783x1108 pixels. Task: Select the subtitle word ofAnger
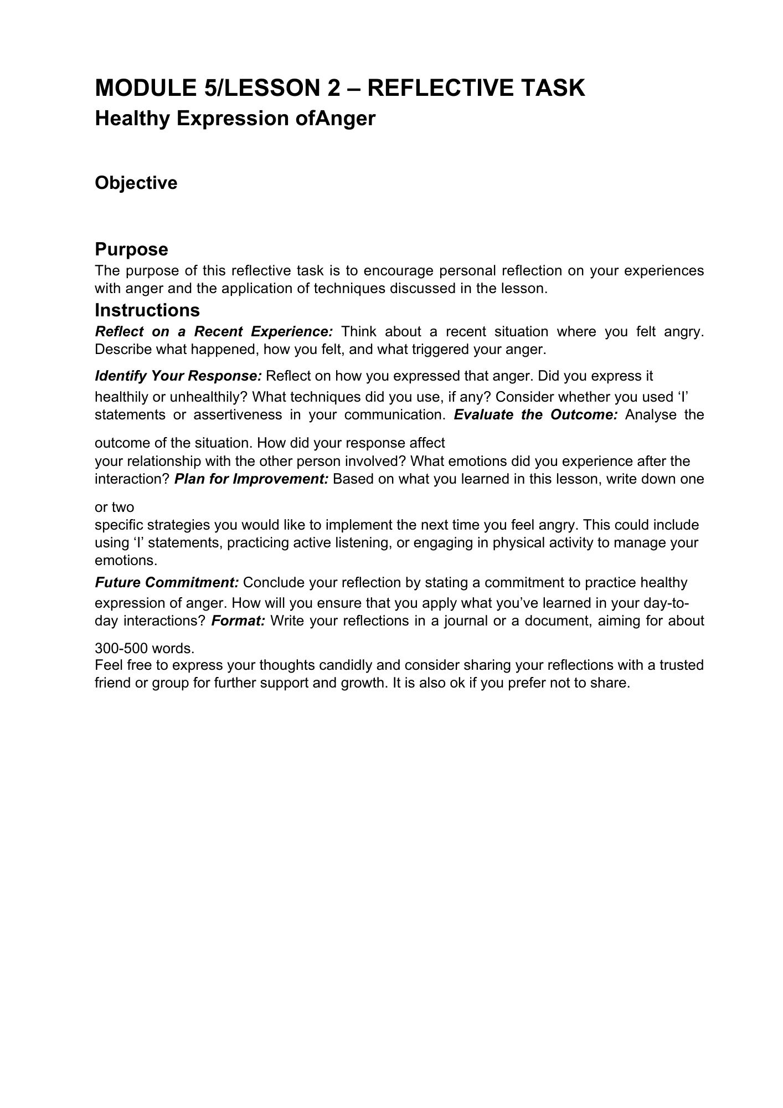tap(336, 119)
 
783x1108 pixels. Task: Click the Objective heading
tap(136, 183)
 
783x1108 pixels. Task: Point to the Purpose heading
tap(131, 249)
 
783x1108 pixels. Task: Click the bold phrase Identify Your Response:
tap(178, 376)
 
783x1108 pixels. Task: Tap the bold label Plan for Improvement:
tap(252, 479)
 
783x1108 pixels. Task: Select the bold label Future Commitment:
tap(167, 583)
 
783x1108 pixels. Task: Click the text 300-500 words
tap(145, 648)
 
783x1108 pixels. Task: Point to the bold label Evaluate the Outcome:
tap(535, 415)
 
